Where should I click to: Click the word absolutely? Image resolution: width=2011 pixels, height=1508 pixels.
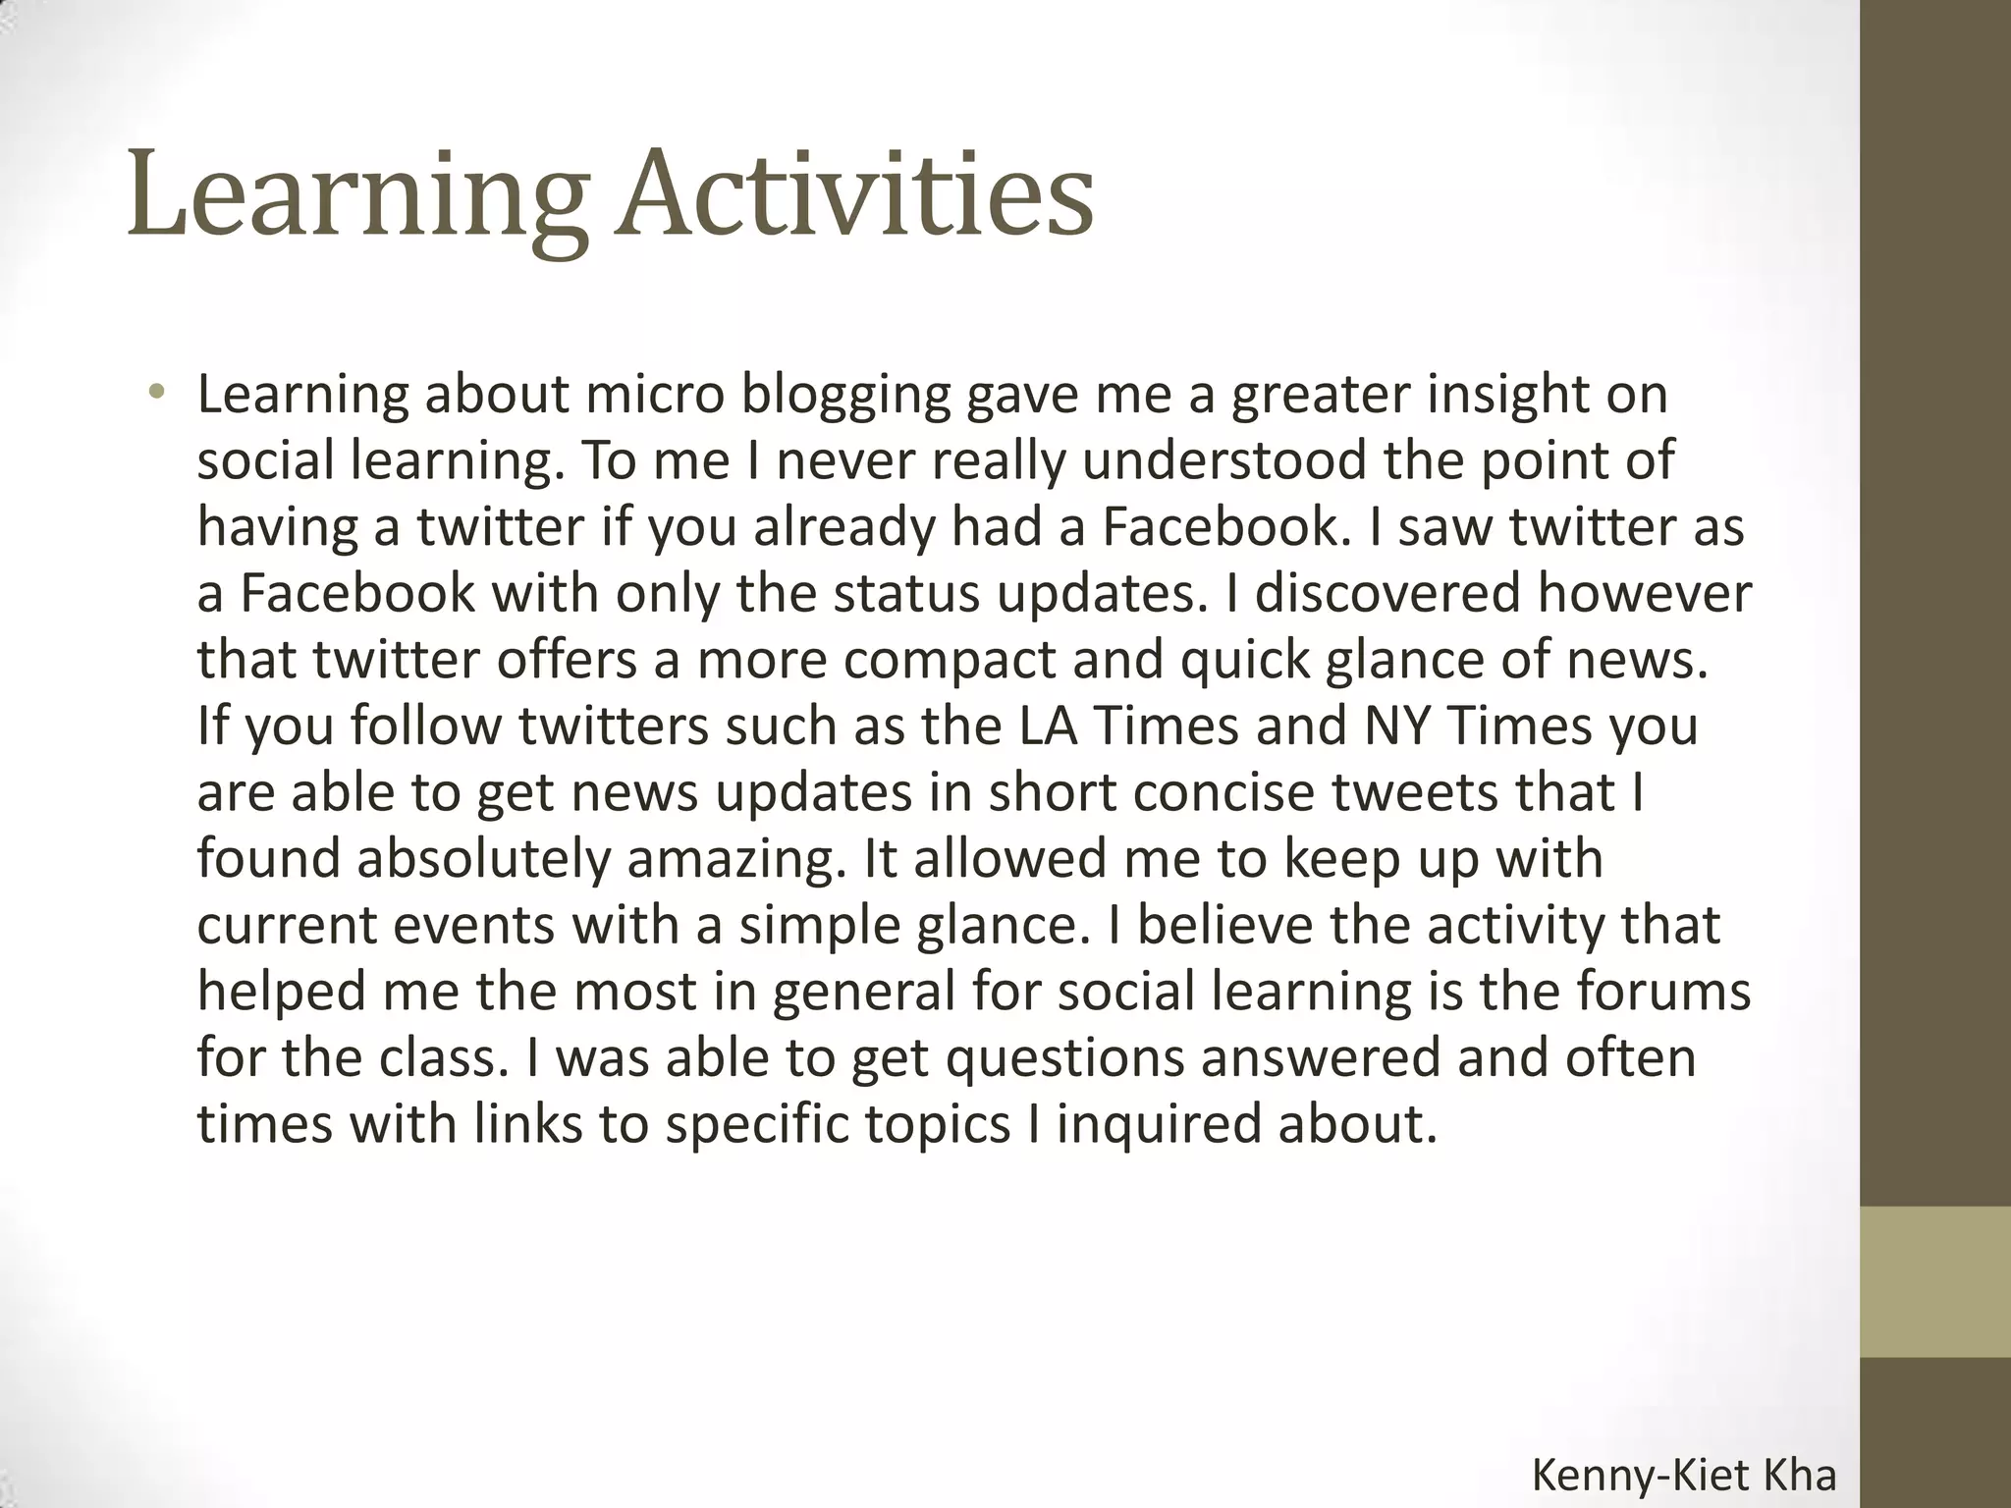tap(482, 859)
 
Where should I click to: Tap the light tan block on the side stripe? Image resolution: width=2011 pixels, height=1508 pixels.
tap(1935, 1281)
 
